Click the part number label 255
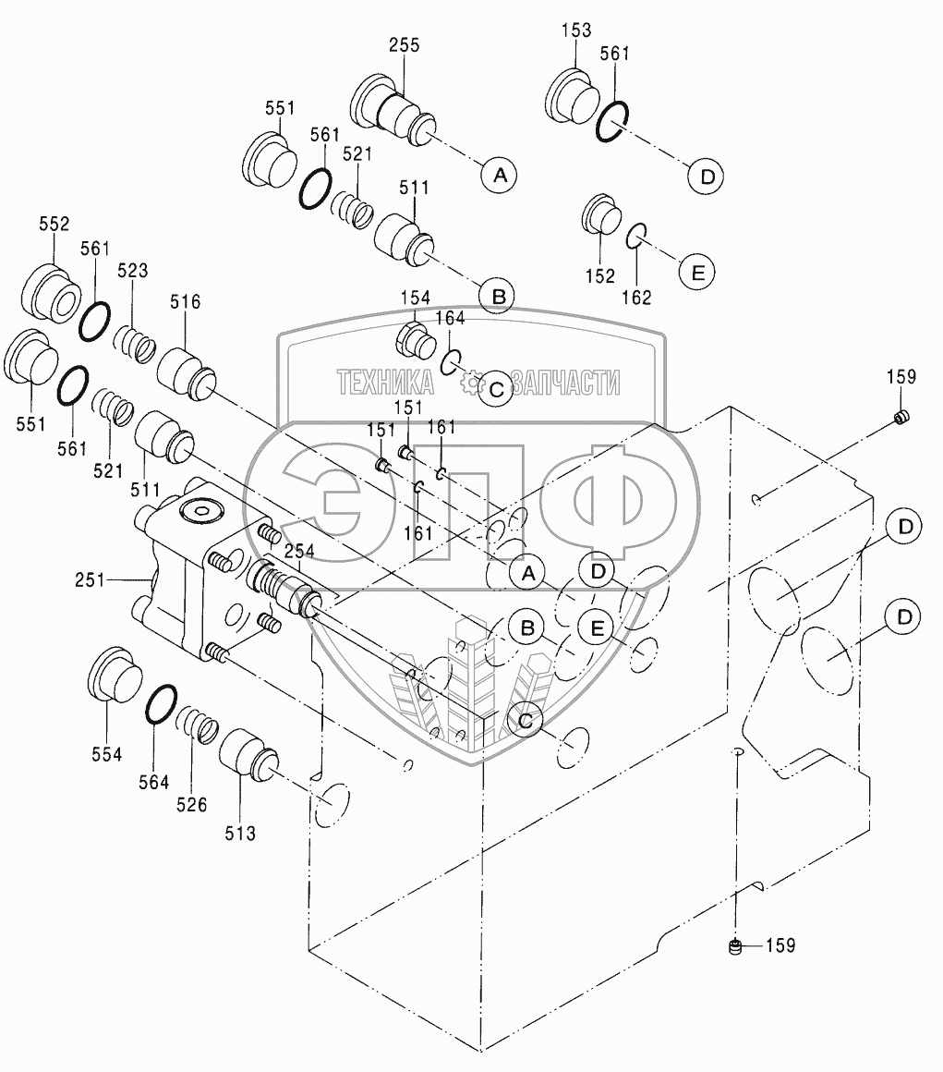click(404, 47)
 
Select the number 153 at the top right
click(575, 30)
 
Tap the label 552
click(54, 224)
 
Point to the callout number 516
click(185, 301)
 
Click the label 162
click(636, 297)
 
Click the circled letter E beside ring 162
click(698, 271)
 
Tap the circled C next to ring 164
click(496, 389)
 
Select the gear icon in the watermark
click(472, 382)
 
